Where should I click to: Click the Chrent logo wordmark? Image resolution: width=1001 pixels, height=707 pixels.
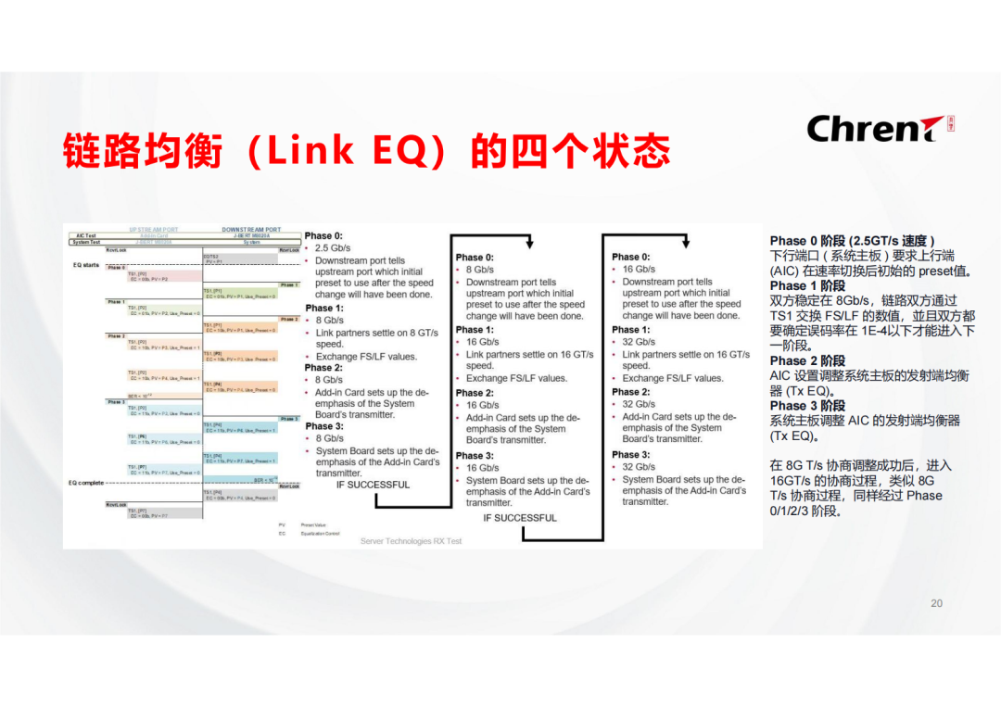(867, 129)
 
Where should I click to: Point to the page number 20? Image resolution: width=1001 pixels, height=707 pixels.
(936, 603)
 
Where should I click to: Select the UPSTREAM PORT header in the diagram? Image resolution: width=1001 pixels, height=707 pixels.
(154, 229)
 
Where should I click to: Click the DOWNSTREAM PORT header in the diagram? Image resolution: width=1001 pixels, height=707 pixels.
(251, 229)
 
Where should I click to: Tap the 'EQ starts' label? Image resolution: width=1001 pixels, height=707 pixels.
(85, 265)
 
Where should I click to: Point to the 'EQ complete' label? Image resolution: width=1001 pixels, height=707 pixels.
(86, 482)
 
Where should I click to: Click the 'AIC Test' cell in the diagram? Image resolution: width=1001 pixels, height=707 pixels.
(86, 235)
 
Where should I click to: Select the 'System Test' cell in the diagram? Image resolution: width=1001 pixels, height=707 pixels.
(87, 242)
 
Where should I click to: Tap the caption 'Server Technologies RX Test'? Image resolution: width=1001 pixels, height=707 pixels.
(411, 541)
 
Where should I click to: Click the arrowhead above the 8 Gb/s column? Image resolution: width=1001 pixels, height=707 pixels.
(529, 243)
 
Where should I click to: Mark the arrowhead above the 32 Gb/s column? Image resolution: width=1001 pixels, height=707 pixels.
(684, 243)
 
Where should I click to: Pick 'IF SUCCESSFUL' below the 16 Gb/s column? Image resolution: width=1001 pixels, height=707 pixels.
(520, 518)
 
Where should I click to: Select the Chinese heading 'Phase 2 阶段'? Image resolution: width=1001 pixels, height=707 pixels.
(807, 360)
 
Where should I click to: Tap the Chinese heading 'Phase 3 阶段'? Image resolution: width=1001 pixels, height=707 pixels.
(807, 406)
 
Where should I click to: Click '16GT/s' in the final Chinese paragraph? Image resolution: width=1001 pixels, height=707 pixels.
(792, 481)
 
